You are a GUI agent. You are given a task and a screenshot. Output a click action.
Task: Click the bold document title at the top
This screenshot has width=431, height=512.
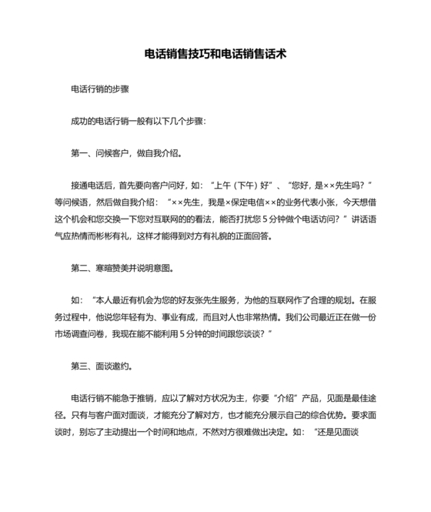(x=215, y=55)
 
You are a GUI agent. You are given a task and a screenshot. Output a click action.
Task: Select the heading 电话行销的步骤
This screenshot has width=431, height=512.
(x=99, y=89)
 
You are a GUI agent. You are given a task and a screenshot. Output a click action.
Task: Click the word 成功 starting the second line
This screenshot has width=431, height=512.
(x=79, y=121)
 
